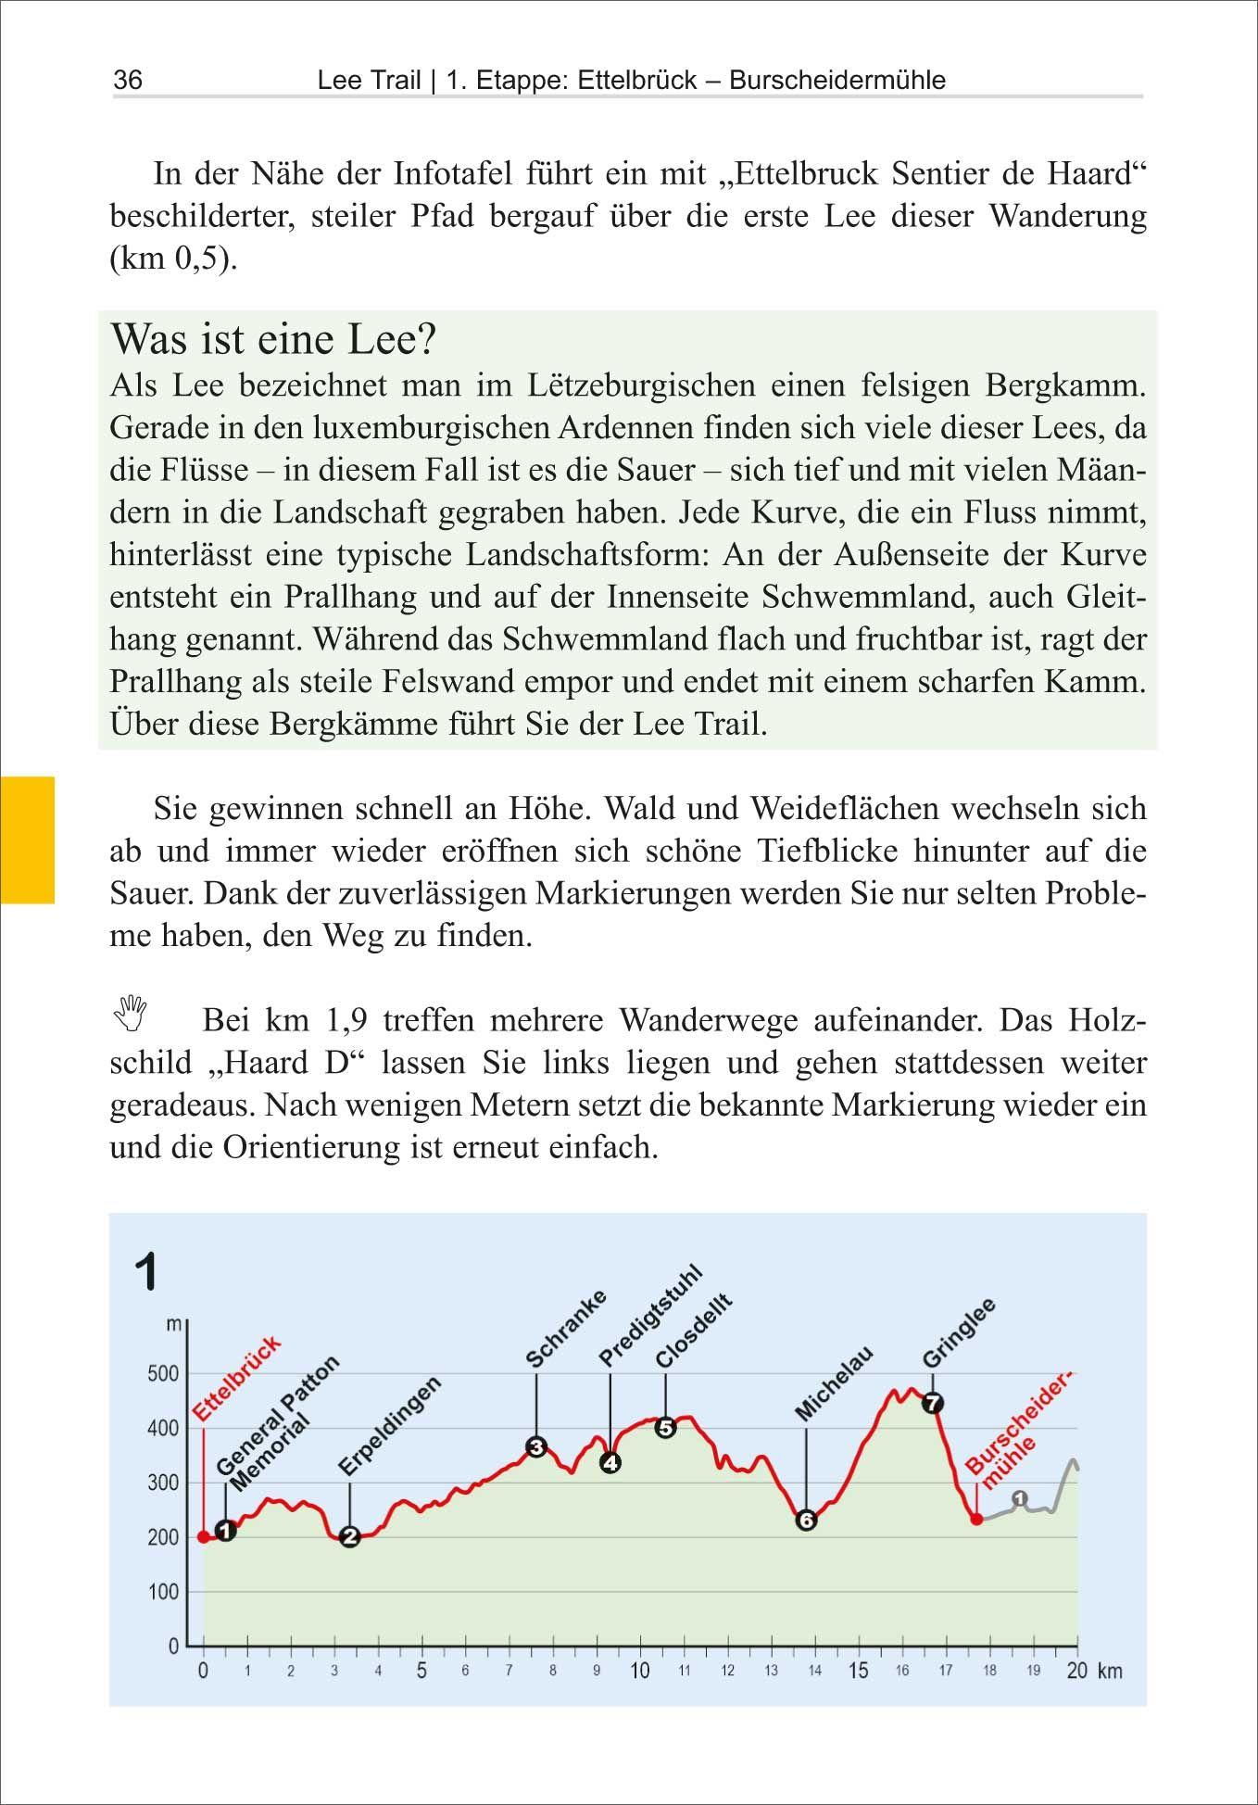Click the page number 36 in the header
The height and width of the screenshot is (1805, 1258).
(128, 81)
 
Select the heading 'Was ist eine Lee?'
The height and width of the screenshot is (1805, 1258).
(272, 339)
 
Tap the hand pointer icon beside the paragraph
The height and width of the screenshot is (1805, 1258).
(132, 1013)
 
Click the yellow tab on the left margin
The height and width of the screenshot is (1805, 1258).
(28, 839)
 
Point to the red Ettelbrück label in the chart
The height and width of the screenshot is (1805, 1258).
(236, 1379)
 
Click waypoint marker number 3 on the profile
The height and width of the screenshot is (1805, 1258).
(535, 1446)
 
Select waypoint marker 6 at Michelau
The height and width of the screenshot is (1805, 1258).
(806, 1520)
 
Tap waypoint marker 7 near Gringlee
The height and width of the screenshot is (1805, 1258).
(932, 1403)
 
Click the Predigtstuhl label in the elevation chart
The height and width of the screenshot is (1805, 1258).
(650, 1317)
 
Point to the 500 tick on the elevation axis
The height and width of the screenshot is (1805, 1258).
(163, 1374)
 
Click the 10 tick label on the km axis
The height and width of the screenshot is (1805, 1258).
(640, 1671)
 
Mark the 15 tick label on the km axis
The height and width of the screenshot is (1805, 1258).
(859, 1671)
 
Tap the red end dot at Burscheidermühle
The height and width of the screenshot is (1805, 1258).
(976, 1519)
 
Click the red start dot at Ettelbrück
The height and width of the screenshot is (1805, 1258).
(204, 1536)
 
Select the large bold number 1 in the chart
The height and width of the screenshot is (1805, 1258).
(146, 1271)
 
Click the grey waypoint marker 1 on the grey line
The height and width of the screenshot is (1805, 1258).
(1020, 1498)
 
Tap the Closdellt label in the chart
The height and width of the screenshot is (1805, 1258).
(694, 1331)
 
